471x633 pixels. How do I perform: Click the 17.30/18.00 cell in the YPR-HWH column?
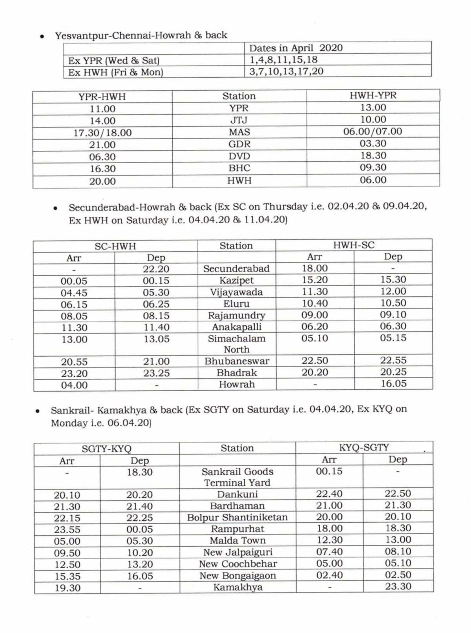tap(102, 133)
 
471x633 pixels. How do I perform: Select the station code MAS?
tap(239, 132)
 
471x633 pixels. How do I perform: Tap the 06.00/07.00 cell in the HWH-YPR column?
tap(372, 131)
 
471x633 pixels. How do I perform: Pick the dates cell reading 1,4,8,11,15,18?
tap(283, 60)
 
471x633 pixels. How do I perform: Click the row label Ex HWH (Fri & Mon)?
tap(115, 72)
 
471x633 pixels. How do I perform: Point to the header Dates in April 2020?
tap(296, 48)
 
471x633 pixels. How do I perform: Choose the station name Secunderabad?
tap(236, 268)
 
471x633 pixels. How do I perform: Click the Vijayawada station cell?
tap(236, 292)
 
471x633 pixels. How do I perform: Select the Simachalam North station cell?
tap(236, 344)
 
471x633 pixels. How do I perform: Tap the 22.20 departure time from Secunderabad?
tap(156, 269)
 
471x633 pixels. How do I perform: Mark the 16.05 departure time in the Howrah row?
tap(393, 383)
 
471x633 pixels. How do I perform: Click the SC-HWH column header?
tap(115, 246)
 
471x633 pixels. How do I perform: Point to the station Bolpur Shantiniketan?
tap(237, 517)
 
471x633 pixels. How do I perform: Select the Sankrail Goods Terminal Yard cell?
tap(237, 477)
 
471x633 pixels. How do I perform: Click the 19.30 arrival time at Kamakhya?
tap(67, 588)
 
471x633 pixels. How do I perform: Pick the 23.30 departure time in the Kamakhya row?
tap(398, 586)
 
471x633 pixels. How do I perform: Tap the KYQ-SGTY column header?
tap(364, 447)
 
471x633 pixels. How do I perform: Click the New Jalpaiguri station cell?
tap(237, 552)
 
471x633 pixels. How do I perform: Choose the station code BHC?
tap(239, 168)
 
